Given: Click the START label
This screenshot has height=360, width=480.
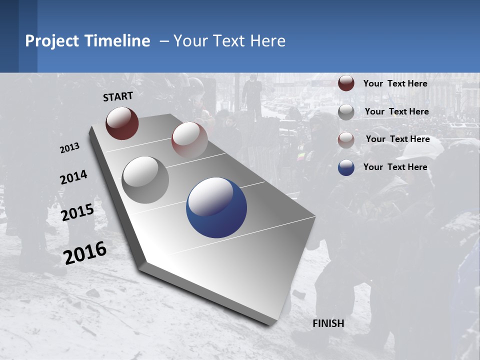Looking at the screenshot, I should (x=118, y=96).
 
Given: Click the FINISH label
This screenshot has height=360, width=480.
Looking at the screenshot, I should (x=328, y=323).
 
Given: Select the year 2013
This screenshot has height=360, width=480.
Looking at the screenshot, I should (x=69, y=148).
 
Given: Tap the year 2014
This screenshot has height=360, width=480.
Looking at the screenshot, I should (x=73, y=177).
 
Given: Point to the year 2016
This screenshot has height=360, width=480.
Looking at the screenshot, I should (x=85, y=252).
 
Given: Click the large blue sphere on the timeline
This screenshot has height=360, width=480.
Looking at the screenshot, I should (x=216, y=207).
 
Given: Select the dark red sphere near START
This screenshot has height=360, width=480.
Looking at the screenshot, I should (x=122, y=123).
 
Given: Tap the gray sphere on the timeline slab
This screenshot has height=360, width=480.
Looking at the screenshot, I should (x=145, y=180).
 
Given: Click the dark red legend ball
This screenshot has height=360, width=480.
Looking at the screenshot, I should (x=346, y=83).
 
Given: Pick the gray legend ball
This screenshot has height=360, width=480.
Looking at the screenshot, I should (x=346, y=112).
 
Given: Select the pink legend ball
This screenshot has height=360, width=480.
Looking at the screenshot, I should (x=346, y=140).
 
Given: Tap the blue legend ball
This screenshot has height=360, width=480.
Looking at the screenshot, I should (x=346, y=167).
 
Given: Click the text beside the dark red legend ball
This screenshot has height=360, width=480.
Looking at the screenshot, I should (x=395, y=83).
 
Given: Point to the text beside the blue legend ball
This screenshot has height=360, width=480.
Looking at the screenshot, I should (x=395, y=167).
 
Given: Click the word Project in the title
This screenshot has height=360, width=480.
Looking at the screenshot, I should (x=51, y=41).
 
